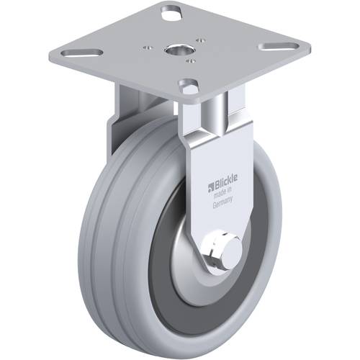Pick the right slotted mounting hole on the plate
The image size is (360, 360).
coord(274,47)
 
